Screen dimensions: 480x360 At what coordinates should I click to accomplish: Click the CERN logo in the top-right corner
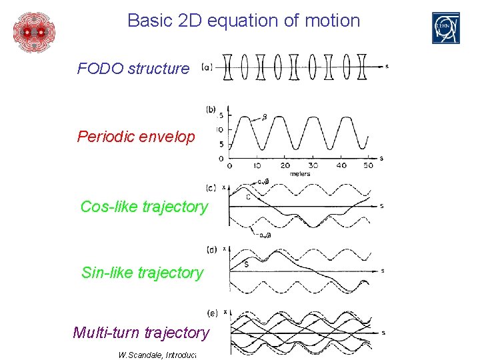(x=445, y=28)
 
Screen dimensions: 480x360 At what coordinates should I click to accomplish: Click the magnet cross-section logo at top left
(x=34, y=31)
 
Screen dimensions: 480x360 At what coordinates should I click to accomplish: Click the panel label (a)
(x=207, y=67)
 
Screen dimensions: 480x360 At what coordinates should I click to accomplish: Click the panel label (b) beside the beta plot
(x=211, y=110)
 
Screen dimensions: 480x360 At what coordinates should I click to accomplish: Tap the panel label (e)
(x=212, y=313)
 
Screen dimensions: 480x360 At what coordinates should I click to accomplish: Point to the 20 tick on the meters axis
(x=285, y=166)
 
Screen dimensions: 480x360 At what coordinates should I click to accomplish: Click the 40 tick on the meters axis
(x=342, y=166)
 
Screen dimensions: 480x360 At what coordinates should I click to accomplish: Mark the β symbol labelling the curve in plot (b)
(x=264, y=117)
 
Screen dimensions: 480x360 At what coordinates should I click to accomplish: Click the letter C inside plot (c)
(x=249, y=196)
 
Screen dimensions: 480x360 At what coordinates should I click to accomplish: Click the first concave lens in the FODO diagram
(x=227, y=67)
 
